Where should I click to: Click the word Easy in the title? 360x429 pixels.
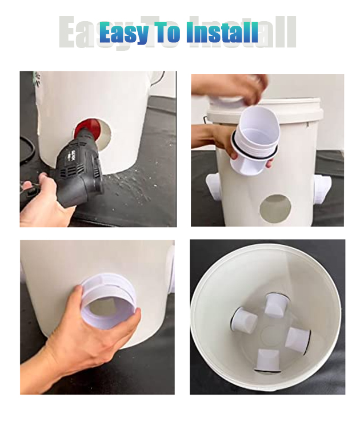coord(123,33)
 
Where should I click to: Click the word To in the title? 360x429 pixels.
coord(166,32)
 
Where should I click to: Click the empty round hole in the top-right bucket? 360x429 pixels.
coord(275,208)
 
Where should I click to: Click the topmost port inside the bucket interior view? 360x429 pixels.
coord(275,305)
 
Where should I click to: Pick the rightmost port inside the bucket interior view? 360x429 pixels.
coord(298,341)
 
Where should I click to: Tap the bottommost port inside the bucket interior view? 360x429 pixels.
coord(269,360)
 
